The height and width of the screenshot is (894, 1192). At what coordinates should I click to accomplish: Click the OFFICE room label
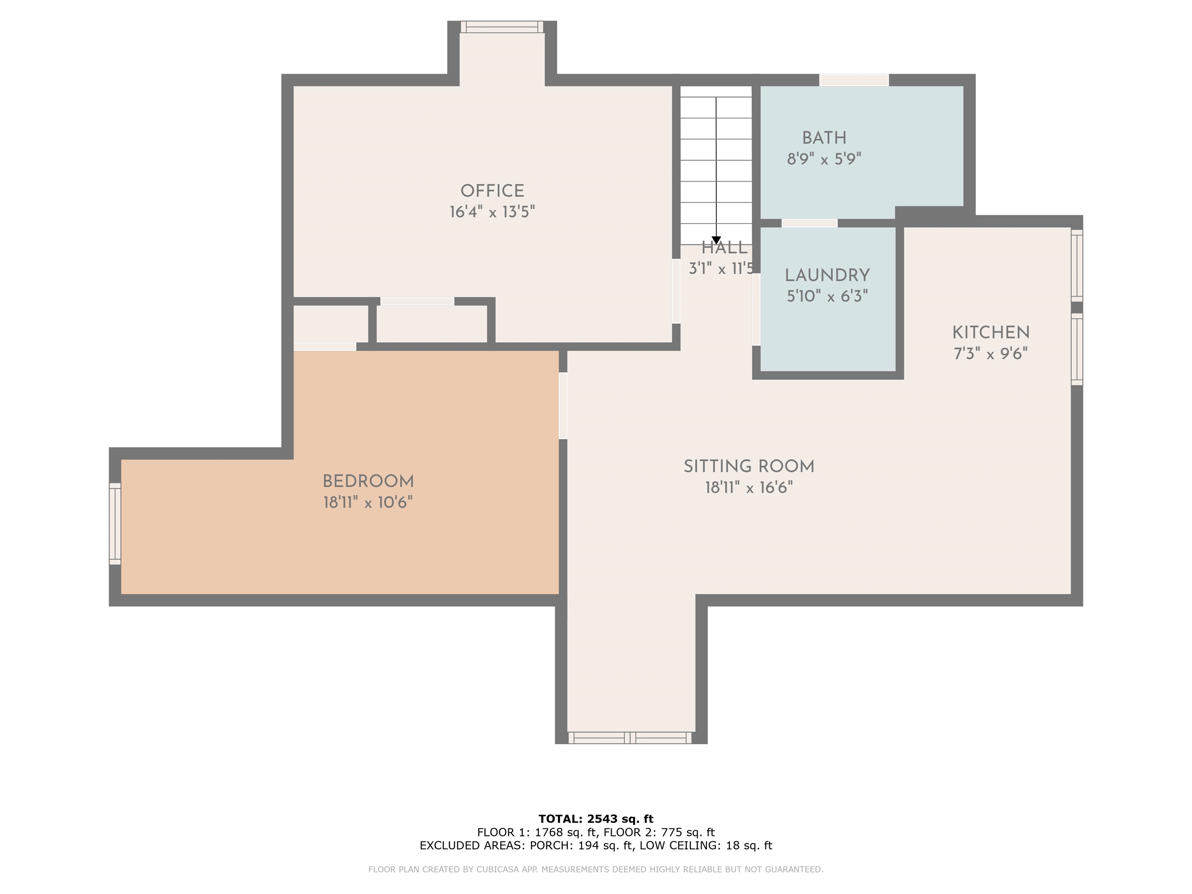click(x=492, y=191)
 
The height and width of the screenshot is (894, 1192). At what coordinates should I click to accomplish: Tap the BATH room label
click(x=824, y=138)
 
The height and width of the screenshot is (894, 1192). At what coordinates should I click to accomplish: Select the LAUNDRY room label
click(x=827, y=275)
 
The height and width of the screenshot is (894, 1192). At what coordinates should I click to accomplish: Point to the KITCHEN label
click(x=991, y=333)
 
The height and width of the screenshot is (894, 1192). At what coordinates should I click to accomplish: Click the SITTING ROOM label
click(x=749, y=467)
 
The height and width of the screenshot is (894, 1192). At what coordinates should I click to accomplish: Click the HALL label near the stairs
click(x=724, y=248)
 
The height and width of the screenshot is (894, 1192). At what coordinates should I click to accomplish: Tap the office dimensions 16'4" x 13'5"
click(x=492, y=212)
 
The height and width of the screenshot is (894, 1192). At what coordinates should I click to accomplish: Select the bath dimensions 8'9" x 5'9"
click(x=824, y=159)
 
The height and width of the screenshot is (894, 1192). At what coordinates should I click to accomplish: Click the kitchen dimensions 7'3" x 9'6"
click(x=991, y=353)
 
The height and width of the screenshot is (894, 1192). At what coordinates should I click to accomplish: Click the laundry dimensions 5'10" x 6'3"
click(x=827, y=296)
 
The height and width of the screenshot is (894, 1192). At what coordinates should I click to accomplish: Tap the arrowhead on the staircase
click(x=716, y=240)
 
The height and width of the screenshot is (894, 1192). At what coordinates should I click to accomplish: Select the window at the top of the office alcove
click(x=502, y=27)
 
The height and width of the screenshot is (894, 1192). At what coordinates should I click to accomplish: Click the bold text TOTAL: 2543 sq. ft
click(x=596, y=819)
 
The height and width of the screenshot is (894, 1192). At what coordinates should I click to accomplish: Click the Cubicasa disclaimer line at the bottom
click(x=596, y=869)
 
